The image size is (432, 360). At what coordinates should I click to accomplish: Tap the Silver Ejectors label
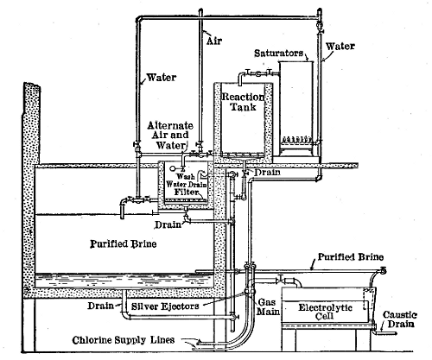(170, 306)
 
